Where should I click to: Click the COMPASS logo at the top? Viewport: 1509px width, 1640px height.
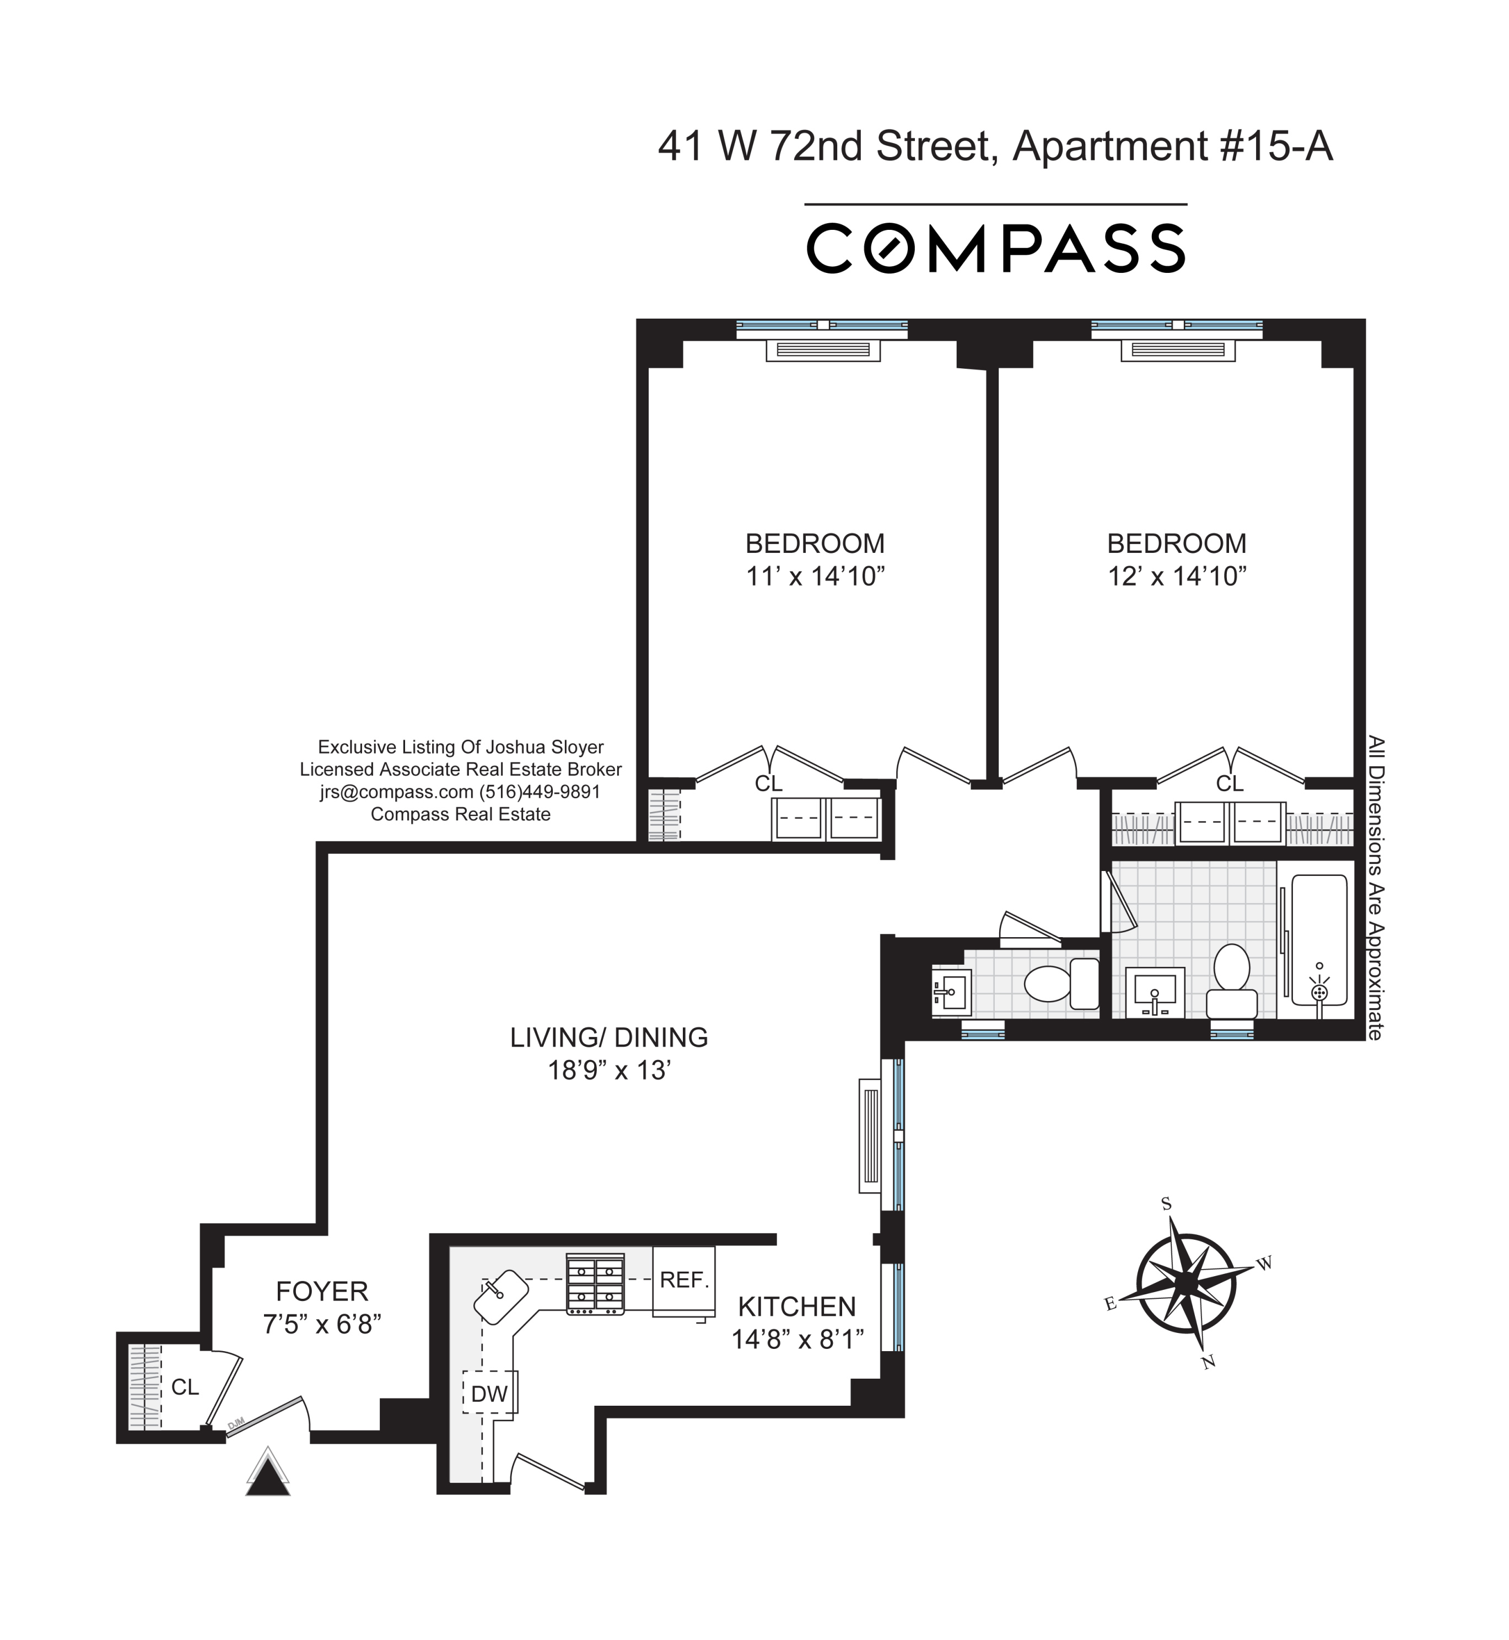[x=995, y=248]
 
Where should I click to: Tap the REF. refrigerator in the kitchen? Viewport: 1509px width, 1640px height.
[x=683, y=1281]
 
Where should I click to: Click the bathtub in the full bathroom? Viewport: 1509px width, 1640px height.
[x=1319, y=940]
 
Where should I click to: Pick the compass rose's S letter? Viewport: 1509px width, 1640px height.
[x=1166, y=1204]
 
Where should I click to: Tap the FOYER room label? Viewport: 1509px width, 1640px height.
[x=322, y=1291]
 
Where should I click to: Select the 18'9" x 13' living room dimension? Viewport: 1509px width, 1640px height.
[x=609, y=1071]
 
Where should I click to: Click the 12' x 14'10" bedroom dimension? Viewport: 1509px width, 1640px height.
[x=1177, y=577]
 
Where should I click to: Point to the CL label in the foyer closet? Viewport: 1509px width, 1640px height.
[x=185, y=1387]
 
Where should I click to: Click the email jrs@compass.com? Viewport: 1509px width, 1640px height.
[x=397, y=792]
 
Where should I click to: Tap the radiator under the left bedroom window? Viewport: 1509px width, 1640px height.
[x=823, y=351]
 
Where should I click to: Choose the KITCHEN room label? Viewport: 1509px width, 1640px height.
[x=797, y=1307]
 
